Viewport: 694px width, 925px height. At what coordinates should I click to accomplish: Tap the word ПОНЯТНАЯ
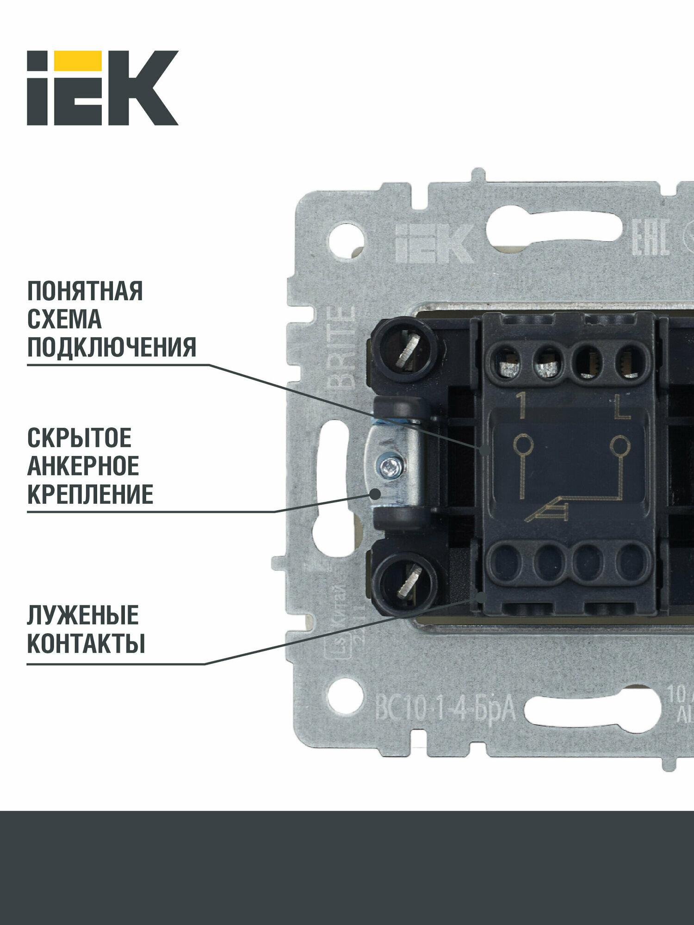[x=85, y=291]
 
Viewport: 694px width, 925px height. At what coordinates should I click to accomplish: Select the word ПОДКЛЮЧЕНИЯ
[x=112, y=347]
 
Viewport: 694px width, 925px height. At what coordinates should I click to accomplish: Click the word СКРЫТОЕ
[x=79, y=438]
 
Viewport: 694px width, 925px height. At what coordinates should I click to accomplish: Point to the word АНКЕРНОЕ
[x=83, y=466]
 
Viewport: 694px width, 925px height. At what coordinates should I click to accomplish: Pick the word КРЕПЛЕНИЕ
[x=90, y=495]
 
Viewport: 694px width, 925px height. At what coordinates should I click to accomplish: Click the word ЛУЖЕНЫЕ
[x=83, y=616]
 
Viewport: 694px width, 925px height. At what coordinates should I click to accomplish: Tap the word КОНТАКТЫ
[x=86, y=644]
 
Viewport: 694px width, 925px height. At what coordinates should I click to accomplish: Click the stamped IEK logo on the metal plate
[x=434, y=243]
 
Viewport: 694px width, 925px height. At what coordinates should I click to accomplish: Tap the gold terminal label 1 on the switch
[x=522, y=405]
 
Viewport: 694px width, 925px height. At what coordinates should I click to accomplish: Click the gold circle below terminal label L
[x=620, y=446]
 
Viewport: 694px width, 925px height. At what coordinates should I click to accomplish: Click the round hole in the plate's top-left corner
[x=346, y=240]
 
